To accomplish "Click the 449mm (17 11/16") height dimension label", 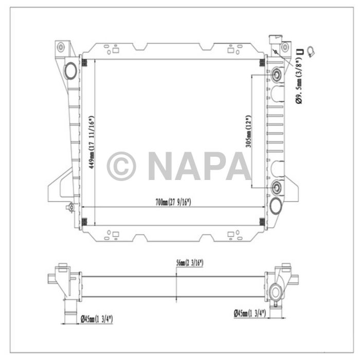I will [x=92, y=142].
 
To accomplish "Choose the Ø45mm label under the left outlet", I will [x=96, y=319].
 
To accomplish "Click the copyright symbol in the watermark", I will [x=121, y=166].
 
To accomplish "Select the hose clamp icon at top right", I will [x=310, y=50].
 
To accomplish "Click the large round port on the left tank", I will [x=69, y=70].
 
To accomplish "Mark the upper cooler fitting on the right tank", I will [x=277, y=75].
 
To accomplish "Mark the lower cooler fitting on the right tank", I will [x=277, y=186].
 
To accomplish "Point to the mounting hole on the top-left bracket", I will [x=61, y=47].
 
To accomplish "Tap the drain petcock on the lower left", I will [x=70, y=208].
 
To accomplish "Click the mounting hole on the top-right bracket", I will [x=284, y=47].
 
